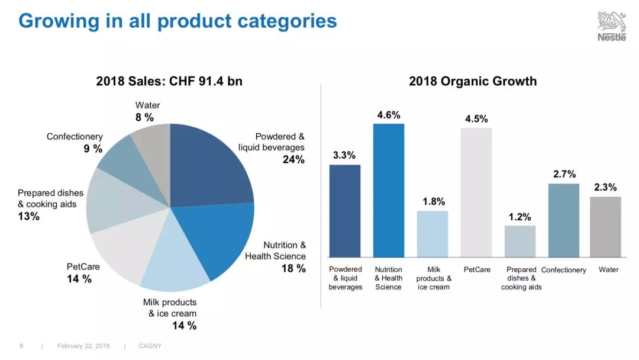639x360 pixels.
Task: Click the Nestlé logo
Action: coord(611,26)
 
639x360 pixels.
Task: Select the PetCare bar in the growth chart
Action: coord(476,192)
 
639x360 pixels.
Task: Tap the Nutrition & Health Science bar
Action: coord(389,190)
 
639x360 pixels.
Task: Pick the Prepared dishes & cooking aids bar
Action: coord(520,242)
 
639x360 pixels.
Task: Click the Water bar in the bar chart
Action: coord(605,227)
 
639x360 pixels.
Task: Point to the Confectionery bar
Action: coord(564,220)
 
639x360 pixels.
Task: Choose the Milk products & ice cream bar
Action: coord(433,234)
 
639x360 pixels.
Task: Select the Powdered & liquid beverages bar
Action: coord(345,211)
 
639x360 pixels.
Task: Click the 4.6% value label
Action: coord(389,115)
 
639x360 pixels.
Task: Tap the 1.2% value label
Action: coord(520,217)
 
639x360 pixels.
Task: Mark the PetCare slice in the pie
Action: coord(118,252)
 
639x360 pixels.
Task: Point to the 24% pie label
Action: coord(293,159)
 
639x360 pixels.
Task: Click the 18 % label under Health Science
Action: coord(293,268)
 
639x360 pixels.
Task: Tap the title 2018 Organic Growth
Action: coord(473,81)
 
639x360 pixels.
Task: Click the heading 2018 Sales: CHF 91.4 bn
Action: coord(169,81)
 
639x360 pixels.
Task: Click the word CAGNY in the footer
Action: coord(150,346)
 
